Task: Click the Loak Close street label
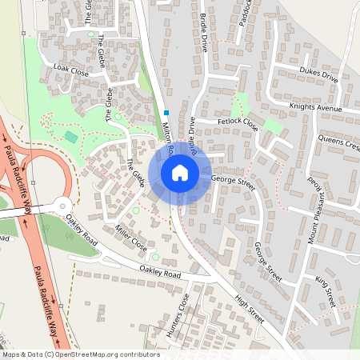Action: pos(70,70)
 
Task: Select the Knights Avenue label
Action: pos(316,106)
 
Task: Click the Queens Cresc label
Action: pos(339,138)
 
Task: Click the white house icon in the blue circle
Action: pos(180,173)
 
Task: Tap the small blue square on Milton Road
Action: pos(166,113)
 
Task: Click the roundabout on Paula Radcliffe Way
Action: pos(64,207)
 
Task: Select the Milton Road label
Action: pos(168,132)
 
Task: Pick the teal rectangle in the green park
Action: pos(72,138)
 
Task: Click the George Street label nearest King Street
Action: pos(266,262)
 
